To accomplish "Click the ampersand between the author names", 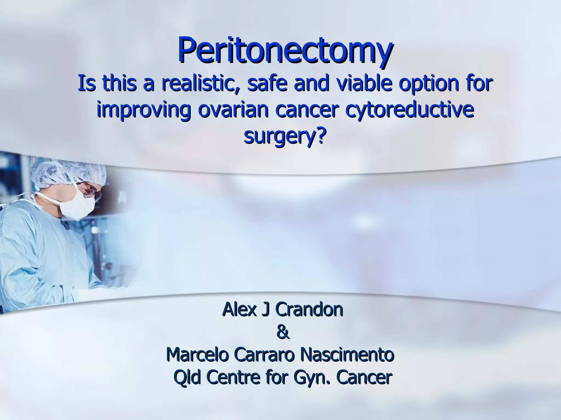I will click(x=283, y=333).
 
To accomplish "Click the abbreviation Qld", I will click(x=186, y=378).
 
